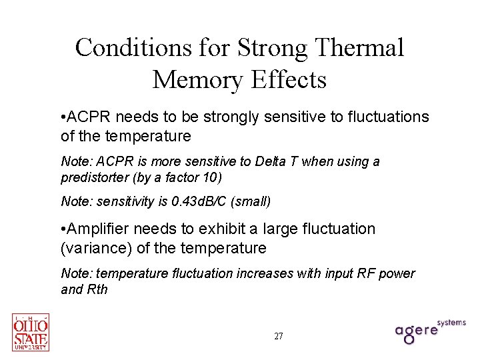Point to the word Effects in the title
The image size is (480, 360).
[289, 79]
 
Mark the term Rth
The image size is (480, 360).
[97, 289]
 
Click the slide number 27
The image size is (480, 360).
[279, 336]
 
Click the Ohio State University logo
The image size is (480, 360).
[31, 332]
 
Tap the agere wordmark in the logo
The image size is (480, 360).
[417, 331]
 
